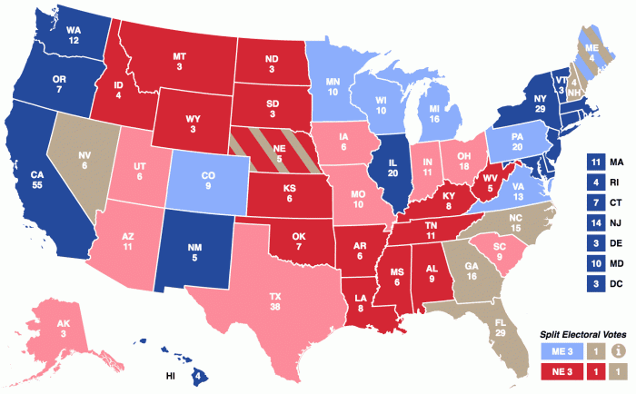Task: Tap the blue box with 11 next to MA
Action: pyautogui.click(x=594, y=162)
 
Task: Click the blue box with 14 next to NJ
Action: pyautogui.click(x=594, y=222)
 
